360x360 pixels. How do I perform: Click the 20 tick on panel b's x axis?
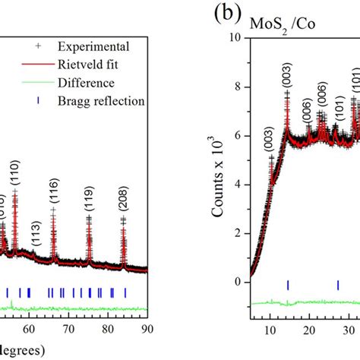308,329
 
